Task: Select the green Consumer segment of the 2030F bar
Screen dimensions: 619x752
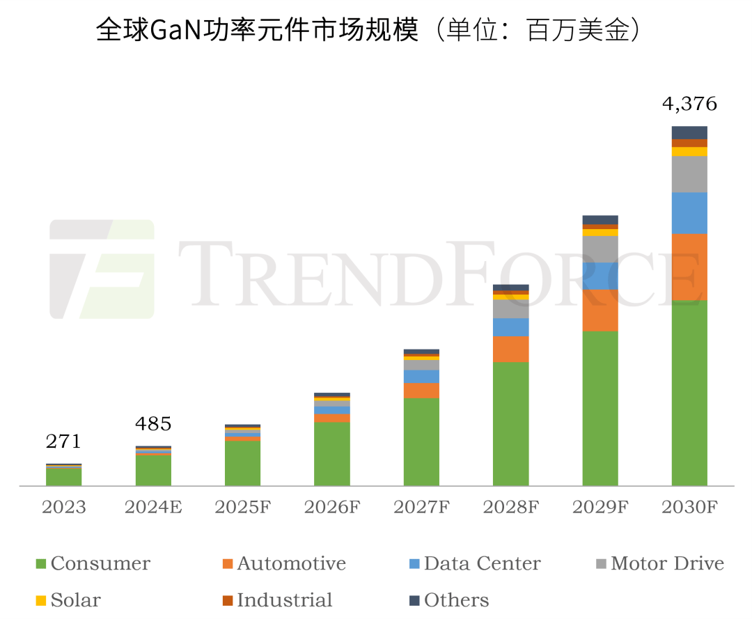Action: tap(689, 393)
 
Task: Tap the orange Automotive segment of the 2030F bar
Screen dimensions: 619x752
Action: tap(689, 267)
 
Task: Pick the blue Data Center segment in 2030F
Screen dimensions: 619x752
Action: tap(689, 212)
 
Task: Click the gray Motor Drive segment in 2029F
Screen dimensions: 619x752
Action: tap(600, 249)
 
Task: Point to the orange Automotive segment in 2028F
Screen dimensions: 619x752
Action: tap(510, 349)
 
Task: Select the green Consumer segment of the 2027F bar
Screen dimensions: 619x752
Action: tap(421, 441)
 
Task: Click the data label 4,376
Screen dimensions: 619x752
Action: tap(689, 104)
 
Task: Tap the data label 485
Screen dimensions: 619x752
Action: tap(152, 423)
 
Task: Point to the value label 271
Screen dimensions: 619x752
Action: tap(63, 441)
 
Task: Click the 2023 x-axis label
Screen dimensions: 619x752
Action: tap(63, 507)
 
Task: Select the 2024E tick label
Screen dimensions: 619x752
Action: tap(152, 507)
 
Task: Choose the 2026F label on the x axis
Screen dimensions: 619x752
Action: tap(331, 507)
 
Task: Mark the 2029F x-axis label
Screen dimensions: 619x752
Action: tap(600, 507)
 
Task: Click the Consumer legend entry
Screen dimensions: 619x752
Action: tap(93, 563)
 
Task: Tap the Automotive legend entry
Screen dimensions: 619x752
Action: tap(283, 563)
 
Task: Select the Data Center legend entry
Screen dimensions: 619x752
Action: tap(474, 563)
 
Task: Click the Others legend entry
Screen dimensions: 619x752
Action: tap(448, 600)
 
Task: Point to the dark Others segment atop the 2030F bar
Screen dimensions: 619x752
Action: tap(689, 132)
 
